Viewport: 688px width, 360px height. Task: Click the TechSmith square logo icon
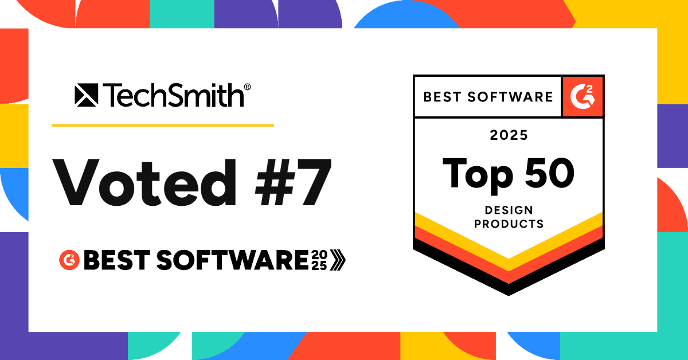click(x=87, y=95)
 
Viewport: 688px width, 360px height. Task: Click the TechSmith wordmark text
click(x=173, y=96)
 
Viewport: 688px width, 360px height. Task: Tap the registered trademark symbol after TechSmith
click(x=247, y=87)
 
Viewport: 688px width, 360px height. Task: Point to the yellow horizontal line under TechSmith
click(x=163, y=126)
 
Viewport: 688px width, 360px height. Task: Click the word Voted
click(x=144, y=182)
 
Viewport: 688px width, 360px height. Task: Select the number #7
click(x=294, y=182)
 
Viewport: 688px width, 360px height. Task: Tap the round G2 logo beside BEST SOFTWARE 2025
click(x=69, y=260)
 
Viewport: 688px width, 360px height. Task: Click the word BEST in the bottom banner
click(x=117, y=260)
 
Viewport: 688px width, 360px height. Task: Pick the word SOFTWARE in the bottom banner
click(x=232, y=260)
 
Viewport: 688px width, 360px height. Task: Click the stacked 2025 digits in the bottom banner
click(x=319, y=260)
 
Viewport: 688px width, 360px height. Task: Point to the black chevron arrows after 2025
click(x=338, y=260)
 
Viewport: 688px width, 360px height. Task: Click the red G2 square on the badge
click(x=583, y=97)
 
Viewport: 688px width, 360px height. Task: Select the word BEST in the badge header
click(x=442, y=97)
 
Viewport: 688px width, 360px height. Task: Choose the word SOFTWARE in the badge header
click(x=510, y=97)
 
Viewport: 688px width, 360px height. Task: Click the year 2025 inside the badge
click(x=509, y=135)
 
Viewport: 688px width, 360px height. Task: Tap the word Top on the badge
click(x=478, y=175)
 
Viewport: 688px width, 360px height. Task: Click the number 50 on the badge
click(x=549, y=173)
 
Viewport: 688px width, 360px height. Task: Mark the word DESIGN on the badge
click(x=509, y=210)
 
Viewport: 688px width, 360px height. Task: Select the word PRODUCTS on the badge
click(x=509, y=224)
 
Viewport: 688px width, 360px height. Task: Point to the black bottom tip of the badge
click(x=509, y=295)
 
